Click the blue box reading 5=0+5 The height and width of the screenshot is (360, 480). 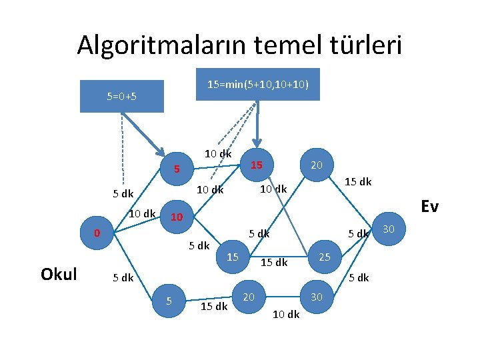[121, 96]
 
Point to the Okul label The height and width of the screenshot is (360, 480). [59, 273]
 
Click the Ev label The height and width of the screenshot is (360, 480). [429, 207]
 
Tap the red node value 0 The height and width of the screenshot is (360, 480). [97, 233]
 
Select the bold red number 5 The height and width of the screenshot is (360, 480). [177, 169]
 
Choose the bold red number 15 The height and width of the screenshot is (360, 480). [257, 164]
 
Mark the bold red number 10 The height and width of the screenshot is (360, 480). [177, 217]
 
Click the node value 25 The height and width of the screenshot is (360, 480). [325, 257]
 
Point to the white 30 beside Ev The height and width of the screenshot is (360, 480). [389, 229]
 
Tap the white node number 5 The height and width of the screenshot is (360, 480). [169, 301]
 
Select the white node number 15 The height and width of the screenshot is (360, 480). [233, 257]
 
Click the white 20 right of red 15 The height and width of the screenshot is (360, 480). [317, 164]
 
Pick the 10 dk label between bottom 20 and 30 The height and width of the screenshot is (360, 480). [286, 315]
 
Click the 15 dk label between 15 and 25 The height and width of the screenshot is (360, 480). [273, 263]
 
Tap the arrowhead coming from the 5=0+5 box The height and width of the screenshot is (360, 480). [162, 149]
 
